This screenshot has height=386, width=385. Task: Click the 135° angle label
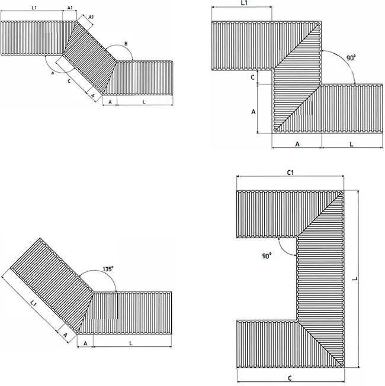pyautogui.click(x=108, y=269)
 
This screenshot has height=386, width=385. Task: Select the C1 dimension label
pyautogui.click(x=291, y=173)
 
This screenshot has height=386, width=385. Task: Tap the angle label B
pyautogui.click(x=126, y=44)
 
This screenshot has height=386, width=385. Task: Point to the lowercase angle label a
pyautogui.click(x=52, y=73)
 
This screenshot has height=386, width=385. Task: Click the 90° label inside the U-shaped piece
pyautogui.click(x=267, y=256)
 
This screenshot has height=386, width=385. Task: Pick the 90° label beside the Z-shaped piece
pyautogui.click(x=351, y=58)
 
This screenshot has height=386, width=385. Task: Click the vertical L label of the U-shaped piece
pyautogui.click(x=355, y=278)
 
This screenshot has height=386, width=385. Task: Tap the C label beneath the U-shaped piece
pyautogui.click(x=290, y=378)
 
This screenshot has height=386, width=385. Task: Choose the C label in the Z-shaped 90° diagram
pyautogui.click(x=252, y=77)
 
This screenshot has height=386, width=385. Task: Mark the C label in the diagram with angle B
pyautogui.click(x=69, y=81)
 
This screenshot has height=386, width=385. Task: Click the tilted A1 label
pyautogui.click(x=91, y=17)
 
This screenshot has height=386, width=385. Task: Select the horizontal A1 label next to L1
pyautogui.click(x=70, y=8)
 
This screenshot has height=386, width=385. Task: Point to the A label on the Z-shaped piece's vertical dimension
pyautogui.click(x=254, y=112)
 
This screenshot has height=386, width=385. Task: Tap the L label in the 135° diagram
pyautogui.click(x=131, y=343)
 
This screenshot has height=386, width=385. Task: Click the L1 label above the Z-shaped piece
pyautogui.click(x=243, y=3)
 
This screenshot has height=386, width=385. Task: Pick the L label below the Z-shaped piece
pyautogui.click(x=351, y=144)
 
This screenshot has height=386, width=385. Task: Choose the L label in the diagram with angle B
pyautogui.click(x=144, y=102)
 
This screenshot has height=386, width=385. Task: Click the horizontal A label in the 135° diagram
pyautogui.click(x=85, y=343)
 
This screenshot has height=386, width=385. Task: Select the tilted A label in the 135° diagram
pyautogui.click(x=65, y=335)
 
